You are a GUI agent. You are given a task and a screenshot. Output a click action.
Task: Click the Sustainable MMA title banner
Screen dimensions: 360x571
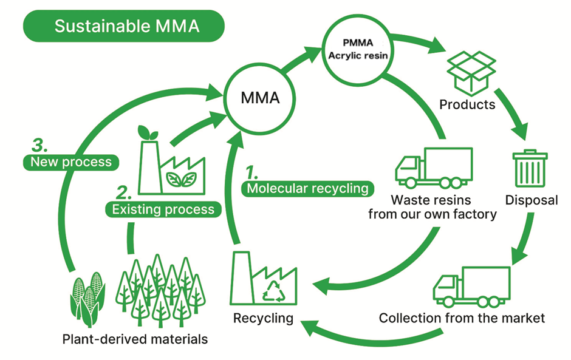124,27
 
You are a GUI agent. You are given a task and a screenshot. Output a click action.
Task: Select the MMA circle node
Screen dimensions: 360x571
260,98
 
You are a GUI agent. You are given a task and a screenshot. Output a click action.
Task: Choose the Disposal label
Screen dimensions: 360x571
531,200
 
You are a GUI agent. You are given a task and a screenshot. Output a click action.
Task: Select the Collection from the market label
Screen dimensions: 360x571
462,318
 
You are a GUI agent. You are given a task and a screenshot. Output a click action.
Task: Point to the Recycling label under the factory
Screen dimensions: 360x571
263,318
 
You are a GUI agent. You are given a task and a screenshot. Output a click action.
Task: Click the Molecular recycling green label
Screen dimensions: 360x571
307,188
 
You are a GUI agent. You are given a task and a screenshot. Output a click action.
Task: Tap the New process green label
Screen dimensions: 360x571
71,162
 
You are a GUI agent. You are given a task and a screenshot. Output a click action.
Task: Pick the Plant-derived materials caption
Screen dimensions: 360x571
135,339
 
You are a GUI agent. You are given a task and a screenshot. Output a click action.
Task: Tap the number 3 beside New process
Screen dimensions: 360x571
39,146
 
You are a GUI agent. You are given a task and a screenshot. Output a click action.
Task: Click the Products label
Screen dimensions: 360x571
467,104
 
